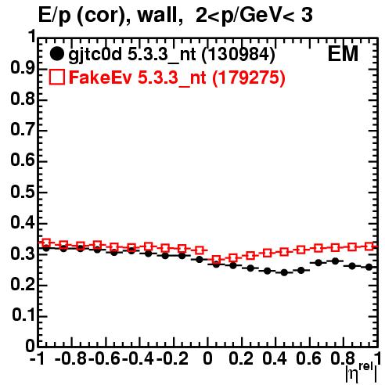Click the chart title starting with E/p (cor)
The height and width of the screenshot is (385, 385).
(175, 16)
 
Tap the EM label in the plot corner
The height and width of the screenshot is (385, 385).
(343, 54)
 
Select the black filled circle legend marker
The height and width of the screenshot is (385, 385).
(56, 54)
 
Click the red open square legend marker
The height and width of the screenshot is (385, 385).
(56, 77)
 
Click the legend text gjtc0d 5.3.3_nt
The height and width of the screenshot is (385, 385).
(132, 55)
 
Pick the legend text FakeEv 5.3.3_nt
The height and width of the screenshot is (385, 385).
(138, 77)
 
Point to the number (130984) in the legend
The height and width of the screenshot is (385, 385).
(239, 55)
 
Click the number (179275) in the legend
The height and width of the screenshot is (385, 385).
(249, 77)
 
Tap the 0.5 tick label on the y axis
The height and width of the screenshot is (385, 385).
(23, 192)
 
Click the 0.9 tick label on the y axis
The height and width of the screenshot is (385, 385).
(23, 69)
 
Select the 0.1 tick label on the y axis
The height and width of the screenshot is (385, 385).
(23, 316)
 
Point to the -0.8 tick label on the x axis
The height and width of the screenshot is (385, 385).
(71, 359)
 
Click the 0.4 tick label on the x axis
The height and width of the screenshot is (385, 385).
(275, 359)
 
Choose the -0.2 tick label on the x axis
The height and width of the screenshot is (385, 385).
(172, 359)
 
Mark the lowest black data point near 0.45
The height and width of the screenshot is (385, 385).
(284, 272)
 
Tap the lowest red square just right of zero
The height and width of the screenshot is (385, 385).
(216, 260)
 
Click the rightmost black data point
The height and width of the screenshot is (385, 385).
(369, 267)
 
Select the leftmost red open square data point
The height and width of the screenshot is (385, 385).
(46, 243)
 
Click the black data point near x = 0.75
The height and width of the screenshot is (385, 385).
(335, 261)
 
